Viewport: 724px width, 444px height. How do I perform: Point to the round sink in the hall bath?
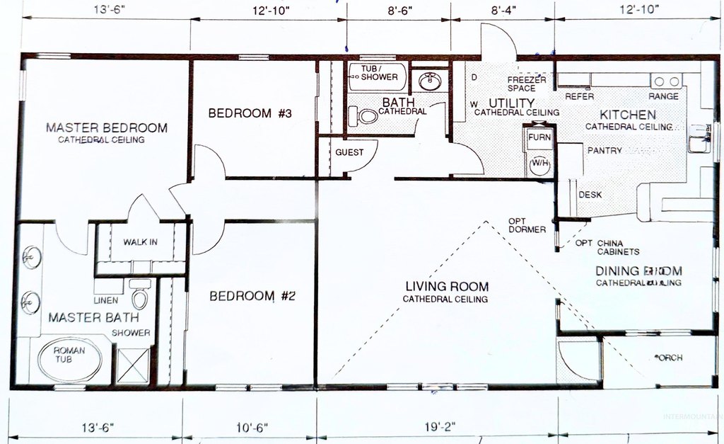(x=428, y=81)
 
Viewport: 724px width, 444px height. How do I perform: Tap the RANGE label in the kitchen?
(x=663, y=96)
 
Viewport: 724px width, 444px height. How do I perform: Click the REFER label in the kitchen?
(x=579, y=96)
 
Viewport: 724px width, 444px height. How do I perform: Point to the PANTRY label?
(x=605, y=150)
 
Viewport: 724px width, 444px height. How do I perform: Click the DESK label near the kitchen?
(x=590, y=195)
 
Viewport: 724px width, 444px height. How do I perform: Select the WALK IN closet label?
(x=140, y=242)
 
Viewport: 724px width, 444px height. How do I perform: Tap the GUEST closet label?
(x=349, y=152)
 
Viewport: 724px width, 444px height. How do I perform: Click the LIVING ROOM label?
(x=446, y=287)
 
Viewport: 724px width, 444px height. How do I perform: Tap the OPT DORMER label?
(x=527, y=225)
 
